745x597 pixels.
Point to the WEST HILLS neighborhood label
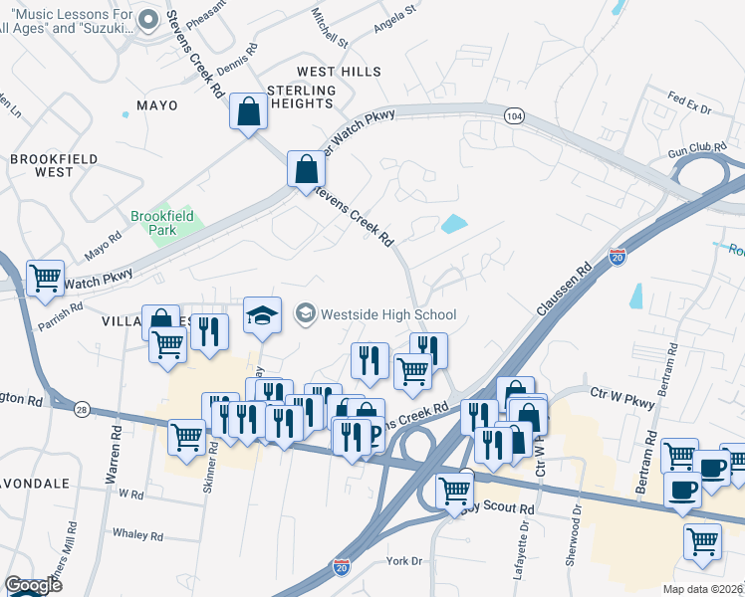click(339, 73)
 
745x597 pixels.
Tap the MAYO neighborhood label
click(156, 105)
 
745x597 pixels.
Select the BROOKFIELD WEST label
click(41, 165)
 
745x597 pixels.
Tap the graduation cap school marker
click(262, 315)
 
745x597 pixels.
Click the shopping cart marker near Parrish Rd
click(45, 279)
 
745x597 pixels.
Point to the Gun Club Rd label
click(696, 149)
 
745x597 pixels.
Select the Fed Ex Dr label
click(689, 102)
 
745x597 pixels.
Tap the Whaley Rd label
click(138, 535)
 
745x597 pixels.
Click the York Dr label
click(404, 561)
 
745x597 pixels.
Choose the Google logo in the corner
click(33, 585)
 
